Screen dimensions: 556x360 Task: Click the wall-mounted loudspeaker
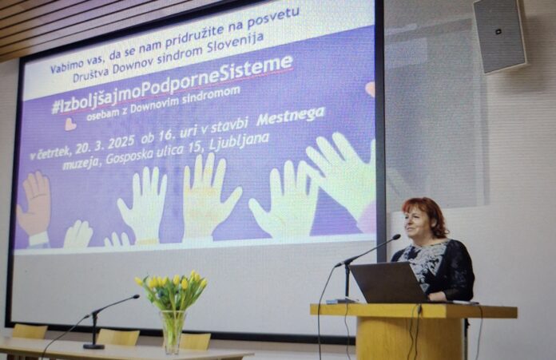pos(499,35)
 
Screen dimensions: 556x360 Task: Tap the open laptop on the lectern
pos(389,283)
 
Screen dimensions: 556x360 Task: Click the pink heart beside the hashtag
pos(70,124)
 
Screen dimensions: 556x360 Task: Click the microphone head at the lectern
pos(395,237)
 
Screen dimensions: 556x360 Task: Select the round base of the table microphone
pos(93,346)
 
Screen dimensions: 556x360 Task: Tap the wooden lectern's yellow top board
pos(414,311)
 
